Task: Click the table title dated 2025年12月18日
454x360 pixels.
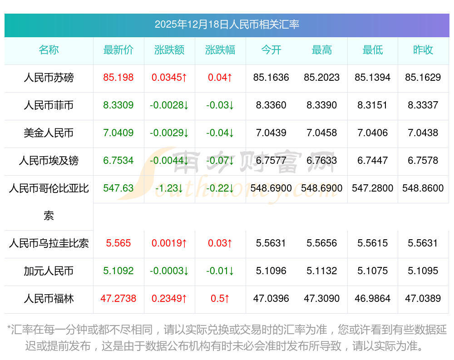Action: pos(227,25)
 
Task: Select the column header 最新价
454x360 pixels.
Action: pos(118,50)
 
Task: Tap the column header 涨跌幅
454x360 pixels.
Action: pos(220,50)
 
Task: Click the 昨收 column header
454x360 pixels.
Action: pos(423,50)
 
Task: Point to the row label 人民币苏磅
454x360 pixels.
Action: pos(49,78)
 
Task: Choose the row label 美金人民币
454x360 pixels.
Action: pos(49,133)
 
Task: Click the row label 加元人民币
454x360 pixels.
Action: pos(49,271)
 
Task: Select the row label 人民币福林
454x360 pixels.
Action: pos(49,299)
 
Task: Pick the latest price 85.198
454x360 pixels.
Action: pos(118,78)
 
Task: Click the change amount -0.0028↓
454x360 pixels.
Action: pos(169,105)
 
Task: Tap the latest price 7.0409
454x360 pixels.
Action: pos(118,133)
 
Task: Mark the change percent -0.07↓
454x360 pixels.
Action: pos(220,161)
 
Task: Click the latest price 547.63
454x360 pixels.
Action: pos(118,188)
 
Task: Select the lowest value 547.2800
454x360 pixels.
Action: pos(373,188)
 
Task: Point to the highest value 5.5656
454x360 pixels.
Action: pos(322,243)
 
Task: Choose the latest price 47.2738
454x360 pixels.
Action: pos(118,299)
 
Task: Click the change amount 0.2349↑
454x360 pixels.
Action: pos(169,299)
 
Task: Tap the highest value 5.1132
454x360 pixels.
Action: pos(322,271)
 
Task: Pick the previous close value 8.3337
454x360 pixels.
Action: pos(423,105)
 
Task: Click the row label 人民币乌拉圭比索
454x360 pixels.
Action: pos(49,243)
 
